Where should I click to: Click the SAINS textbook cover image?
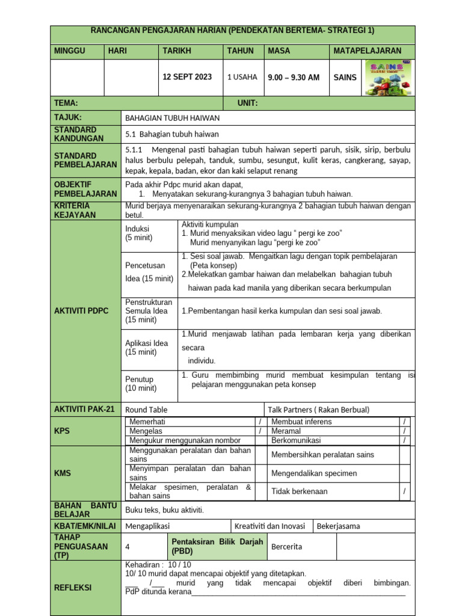click(389, 77)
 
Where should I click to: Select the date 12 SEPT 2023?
click(188, 77)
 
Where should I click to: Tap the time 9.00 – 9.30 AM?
click(294, 78)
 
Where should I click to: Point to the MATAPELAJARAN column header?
click(367, 51)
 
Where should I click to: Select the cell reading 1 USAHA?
click(242, 77)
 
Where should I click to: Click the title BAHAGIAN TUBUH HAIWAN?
click(172, 118)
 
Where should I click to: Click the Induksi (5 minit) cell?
click(139, 233)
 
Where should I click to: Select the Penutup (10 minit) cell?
click(140, 384)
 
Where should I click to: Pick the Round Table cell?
click(146, 410)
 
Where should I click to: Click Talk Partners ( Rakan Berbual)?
click(319, 410)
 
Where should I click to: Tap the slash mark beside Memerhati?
click(260, 422)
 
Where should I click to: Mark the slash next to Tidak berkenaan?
click(404, 491)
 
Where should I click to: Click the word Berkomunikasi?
click(296, 440)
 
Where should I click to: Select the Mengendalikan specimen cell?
click(314, 473)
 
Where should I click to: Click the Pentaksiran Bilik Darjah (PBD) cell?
click(217, 546)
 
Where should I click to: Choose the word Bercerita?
click(287, 547)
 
